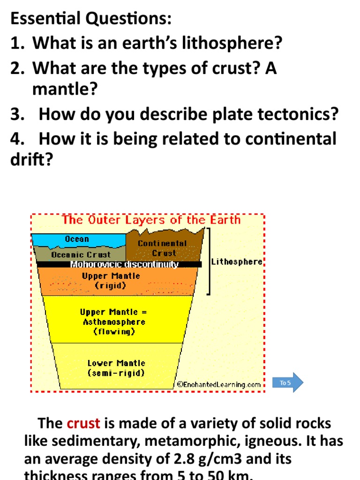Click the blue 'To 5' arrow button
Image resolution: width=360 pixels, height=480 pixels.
pos(287,382)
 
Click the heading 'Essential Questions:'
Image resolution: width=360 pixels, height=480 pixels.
pos(91,19)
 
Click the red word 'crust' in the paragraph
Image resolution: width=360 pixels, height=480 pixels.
pos(83,423)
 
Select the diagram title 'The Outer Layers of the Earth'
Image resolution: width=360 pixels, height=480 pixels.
pos(151,220)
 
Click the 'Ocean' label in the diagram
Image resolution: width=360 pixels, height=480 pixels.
pos(77,239)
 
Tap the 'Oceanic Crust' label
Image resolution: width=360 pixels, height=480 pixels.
pos(81,255)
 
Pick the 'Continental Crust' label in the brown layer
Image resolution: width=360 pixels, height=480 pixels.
pos(162,248)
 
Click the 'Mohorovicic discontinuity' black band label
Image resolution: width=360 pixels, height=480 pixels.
pos(124,264)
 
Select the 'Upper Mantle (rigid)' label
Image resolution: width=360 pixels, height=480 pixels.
pos(111,280)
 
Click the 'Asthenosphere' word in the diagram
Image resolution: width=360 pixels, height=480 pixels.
pos(114,322)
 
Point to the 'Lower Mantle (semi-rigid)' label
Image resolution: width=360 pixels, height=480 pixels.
pos(116,368)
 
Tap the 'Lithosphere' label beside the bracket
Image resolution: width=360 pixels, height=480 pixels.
pos(237,262)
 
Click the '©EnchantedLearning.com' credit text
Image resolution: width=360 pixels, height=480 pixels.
pos(218,384)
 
